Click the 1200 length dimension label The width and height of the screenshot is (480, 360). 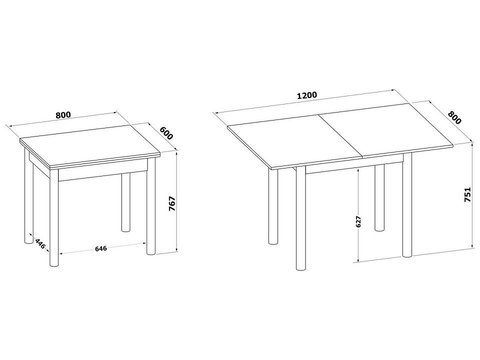click(307, 95)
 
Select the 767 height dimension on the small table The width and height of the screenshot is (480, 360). click(172, 203)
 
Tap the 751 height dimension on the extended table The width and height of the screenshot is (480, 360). click(467, 194)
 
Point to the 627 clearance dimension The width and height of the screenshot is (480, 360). click(359, 221)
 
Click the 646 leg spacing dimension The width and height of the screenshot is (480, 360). click(100, 248)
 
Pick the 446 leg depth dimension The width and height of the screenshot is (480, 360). click(40, 243)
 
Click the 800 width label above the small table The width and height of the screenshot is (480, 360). click(63, 115)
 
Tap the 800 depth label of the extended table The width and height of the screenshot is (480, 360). click(454, 117)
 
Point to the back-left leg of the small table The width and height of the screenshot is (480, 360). click(28, 196)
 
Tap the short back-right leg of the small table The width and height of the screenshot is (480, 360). click(125, 203)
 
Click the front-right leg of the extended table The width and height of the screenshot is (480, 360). click(407, 205)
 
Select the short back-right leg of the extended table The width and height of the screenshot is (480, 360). click(379, 198)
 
